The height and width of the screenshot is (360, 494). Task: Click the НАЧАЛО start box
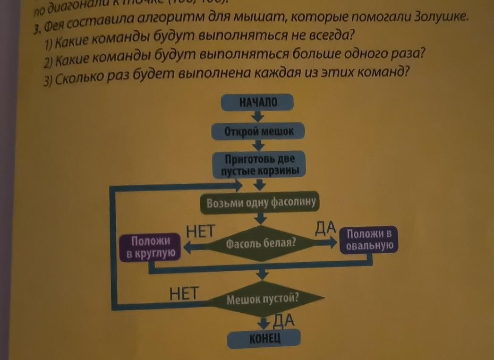[x=257, y=102]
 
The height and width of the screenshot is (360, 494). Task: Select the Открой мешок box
[x=258, y=131]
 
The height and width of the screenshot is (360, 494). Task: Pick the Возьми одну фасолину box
[x=261, y=203]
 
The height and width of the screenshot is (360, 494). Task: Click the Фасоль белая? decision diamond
[x=261, y=244]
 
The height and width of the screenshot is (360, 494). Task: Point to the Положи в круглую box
[x=151, y=247]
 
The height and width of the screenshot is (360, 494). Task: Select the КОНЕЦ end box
[x=264, y=338]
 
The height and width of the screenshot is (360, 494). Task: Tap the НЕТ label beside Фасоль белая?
[x=200, y=231]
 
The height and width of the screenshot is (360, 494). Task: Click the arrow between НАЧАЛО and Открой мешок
[x=257, y=116]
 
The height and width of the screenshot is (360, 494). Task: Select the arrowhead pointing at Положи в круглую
[x=187, y=247]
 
